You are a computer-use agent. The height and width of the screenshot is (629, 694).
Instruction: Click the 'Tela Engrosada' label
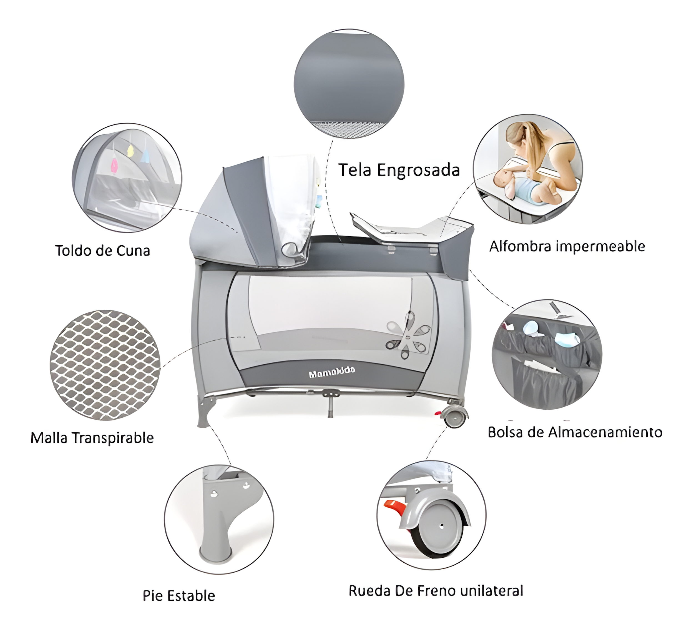[399, 171]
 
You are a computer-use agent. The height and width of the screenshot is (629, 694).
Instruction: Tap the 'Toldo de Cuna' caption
[103, 251]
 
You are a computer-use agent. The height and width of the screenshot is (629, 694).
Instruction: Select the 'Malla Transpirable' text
[92, 438]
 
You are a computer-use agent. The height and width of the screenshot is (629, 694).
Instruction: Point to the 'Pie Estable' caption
[179, 596]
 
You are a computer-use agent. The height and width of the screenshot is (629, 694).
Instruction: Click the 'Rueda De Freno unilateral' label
[436, 591]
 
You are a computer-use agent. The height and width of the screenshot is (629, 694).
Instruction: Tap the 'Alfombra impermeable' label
[567, 246]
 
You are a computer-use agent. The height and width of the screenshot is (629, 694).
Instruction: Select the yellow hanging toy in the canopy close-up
[130, 151]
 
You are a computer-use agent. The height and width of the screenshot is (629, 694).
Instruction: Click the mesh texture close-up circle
[105, 365]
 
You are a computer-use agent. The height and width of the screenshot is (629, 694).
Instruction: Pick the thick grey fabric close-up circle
[349, 84]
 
